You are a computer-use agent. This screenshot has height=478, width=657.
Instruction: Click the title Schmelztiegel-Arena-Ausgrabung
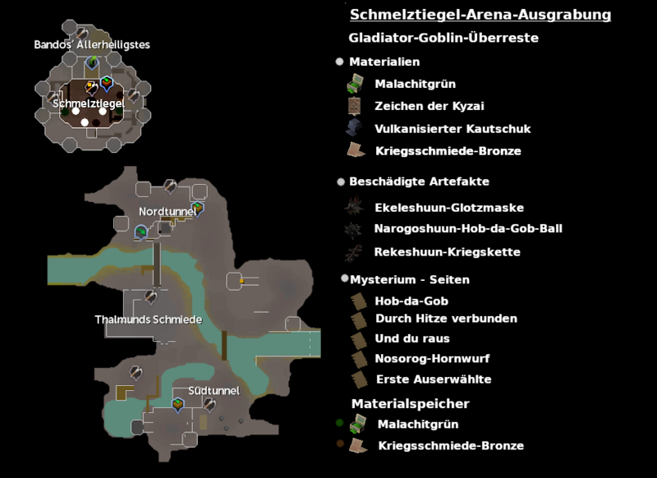click(x=480, y=15)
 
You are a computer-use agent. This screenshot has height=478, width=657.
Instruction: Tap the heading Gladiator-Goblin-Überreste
click(x=443, y=38)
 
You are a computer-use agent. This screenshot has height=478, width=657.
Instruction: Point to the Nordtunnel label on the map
click(x=168, y=212)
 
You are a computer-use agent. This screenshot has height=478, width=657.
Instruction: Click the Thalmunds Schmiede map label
click(x=148, y=319)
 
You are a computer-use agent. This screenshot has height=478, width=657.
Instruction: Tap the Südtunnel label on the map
click(x=214, y=391)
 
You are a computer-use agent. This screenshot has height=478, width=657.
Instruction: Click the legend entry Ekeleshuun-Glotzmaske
click(x=448, y=209)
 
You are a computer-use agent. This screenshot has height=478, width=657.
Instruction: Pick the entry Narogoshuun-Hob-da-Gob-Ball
click(x=468, y=228)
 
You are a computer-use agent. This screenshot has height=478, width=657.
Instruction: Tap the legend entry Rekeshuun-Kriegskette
click(x=447, y=251)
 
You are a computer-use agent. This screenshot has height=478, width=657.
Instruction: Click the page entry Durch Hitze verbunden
click(x=446, y=318)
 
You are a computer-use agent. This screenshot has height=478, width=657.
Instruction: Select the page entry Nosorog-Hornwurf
click(x=432, y=359)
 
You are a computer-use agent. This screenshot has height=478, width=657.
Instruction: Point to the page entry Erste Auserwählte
click(x=433, y=379)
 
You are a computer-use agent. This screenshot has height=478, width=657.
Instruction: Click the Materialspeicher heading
click(x=410, y=403)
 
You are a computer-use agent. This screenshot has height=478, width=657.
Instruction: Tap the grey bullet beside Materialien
click(x=339, y=62)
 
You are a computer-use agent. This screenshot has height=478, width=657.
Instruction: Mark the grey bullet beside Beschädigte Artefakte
click(x=339, y=182)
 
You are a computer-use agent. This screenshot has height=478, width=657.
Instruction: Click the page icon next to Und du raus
click(x=358, y=339)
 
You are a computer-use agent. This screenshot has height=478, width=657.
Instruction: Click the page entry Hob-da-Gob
click(x=411, y=301)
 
